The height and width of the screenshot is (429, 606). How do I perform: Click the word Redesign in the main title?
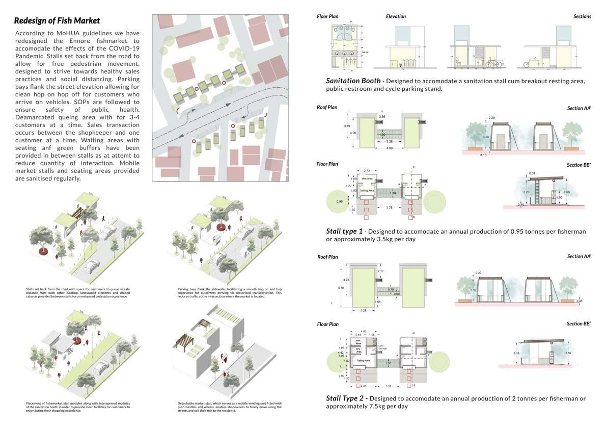32,21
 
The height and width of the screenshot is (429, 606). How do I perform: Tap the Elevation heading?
396,16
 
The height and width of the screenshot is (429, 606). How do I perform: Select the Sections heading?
582,16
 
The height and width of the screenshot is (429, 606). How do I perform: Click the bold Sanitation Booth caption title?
353,81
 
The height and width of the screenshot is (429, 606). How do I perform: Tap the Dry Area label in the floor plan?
359,350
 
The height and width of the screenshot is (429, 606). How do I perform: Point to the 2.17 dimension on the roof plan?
381,270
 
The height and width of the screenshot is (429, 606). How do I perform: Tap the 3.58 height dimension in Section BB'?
574,192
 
